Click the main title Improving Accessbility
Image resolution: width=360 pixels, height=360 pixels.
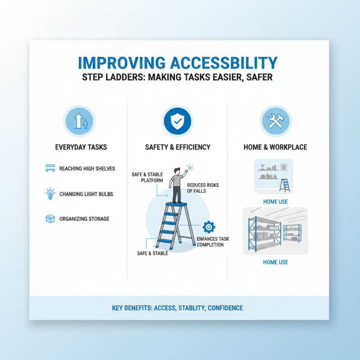(178, 63)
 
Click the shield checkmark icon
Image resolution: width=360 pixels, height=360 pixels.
(177, 120)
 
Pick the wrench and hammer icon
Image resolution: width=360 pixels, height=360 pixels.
(275, 120)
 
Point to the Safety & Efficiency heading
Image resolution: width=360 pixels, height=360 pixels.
(177, 147)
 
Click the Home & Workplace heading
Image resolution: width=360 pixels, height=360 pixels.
(275, 147)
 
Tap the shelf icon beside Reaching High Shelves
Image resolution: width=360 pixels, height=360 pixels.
(50, 169)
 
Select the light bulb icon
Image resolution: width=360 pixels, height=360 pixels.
(50, 194)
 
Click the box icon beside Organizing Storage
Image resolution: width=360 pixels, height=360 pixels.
(50, 219)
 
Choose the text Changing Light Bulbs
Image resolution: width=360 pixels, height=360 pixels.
(86, 194)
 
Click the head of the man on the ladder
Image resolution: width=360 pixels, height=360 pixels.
(176, 171)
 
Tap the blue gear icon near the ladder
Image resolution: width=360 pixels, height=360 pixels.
(209, 226)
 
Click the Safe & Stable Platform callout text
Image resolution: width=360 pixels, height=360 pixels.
(147, 177)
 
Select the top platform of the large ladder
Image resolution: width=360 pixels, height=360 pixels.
(176, 204)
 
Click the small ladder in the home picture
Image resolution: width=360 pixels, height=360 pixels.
(284, 185)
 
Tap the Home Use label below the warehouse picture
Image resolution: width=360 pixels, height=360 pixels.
(275, 262)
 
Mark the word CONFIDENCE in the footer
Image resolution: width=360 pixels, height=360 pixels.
(225, 308)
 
